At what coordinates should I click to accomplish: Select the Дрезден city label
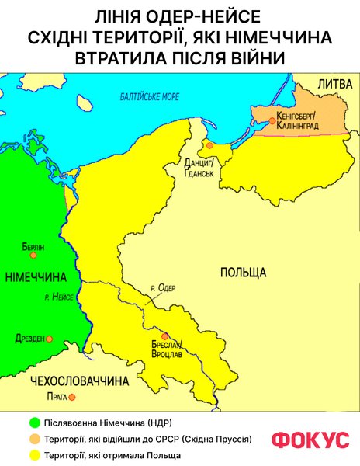point(30,339)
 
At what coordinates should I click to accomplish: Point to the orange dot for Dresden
point(49,339)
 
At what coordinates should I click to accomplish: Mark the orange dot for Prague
point(71,397)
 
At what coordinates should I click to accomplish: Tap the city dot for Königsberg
point(271,119)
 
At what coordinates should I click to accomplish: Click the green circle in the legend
point(33,423)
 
